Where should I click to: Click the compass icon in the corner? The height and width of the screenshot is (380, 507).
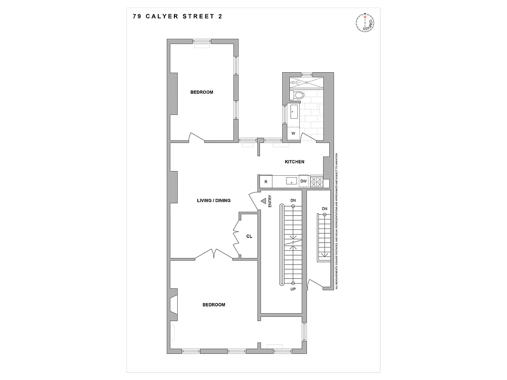pos(365,22)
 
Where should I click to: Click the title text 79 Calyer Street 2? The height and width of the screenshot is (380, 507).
pos(178,16)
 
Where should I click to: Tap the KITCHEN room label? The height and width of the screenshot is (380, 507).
pos(294,162)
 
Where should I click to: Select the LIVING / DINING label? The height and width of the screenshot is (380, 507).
pos(214,200)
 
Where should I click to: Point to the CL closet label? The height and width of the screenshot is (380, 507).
pos(249,236)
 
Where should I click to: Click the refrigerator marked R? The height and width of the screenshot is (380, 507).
pos(266,181)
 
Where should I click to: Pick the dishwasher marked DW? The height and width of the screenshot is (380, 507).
pos(304,181)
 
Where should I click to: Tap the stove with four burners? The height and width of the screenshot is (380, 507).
pos(316,181)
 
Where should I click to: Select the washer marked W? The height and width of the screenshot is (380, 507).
pos(293,133)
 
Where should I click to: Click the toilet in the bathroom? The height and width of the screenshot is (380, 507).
pos(297,95)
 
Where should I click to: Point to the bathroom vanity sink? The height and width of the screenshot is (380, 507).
pos(293,113)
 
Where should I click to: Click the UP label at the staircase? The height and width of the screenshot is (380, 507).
pos(293,288)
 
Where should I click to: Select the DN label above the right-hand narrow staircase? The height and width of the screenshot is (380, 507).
pos(325,209)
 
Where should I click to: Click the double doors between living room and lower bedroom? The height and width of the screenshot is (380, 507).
pos(214,254)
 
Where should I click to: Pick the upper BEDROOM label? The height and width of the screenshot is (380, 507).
pos(201,92)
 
